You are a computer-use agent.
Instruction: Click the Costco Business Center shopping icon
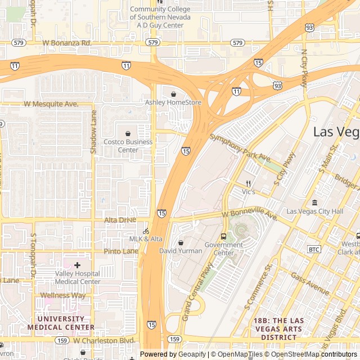[x=128, y=134]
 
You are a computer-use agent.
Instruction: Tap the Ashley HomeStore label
[x=173, y=102]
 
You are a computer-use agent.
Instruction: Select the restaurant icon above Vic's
[x=248, y=183]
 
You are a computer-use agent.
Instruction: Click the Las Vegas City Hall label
[x=314, y=211]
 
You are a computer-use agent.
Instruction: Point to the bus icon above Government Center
[x=224, y=236]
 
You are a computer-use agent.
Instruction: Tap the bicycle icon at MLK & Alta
[x=146, y=231]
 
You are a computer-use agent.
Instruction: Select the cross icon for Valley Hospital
[x=77, y=264]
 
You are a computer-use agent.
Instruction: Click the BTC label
[x=314, y=249]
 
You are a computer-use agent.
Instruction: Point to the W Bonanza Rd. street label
[x=67, y=43]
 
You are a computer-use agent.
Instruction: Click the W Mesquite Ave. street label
[x=51, y=104]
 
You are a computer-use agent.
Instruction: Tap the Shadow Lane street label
[x=94, y=132]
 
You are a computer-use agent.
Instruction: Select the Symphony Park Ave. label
[x=241, y=146]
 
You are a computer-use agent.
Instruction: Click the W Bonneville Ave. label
[x=250, y=215]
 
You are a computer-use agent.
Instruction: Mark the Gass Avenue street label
[x=310, y=283]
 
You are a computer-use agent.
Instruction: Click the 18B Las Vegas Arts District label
[x=278, y=328]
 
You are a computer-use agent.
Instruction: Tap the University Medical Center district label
[x=61, y=323]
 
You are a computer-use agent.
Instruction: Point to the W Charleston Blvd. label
[x=104, y=341]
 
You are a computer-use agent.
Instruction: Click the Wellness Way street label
[x=62, y=295]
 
